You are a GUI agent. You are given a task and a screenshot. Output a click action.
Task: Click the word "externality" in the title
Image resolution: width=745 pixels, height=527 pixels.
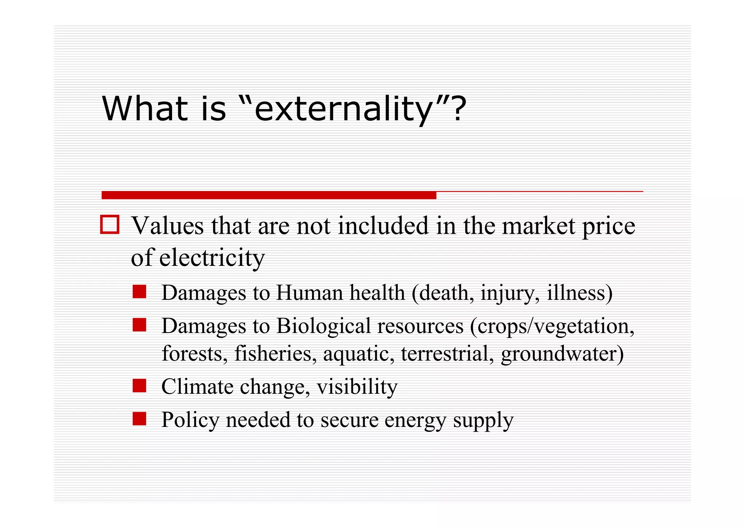tap(342, 109)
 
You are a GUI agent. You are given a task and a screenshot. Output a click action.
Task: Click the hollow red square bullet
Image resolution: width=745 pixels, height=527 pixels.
tap(109, 225)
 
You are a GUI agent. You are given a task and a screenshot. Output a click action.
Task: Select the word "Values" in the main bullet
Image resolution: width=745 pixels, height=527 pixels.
tap(168, 226)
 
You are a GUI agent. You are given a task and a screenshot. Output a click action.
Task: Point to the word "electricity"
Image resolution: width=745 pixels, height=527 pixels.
tap(212, 258)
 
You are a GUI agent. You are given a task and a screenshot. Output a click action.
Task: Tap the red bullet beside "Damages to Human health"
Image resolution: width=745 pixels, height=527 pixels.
tap(139, 292)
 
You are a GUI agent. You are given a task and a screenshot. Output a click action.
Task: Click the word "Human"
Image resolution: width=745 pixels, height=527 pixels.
tap(309, 292)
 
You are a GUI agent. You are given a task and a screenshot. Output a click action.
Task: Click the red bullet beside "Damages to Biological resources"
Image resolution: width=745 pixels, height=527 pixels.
tap(139, 325)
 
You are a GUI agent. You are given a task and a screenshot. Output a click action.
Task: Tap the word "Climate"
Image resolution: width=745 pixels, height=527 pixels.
tap(197, 387)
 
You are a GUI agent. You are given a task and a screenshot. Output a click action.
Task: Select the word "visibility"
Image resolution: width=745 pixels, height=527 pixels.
tap(357, 387)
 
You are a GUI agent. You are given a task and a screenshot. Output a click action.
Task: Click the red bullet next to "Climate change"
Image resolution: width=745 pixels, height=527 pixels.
tap(139, 386)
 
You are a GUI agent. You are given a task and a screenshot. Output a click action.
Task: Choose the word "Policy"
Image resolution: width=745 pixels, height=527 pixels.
tap(190, 420)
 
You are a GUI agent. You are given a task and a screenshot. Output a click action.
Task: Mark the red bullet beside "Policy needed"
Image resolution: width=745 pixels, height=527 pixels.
tap(139, 419)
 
